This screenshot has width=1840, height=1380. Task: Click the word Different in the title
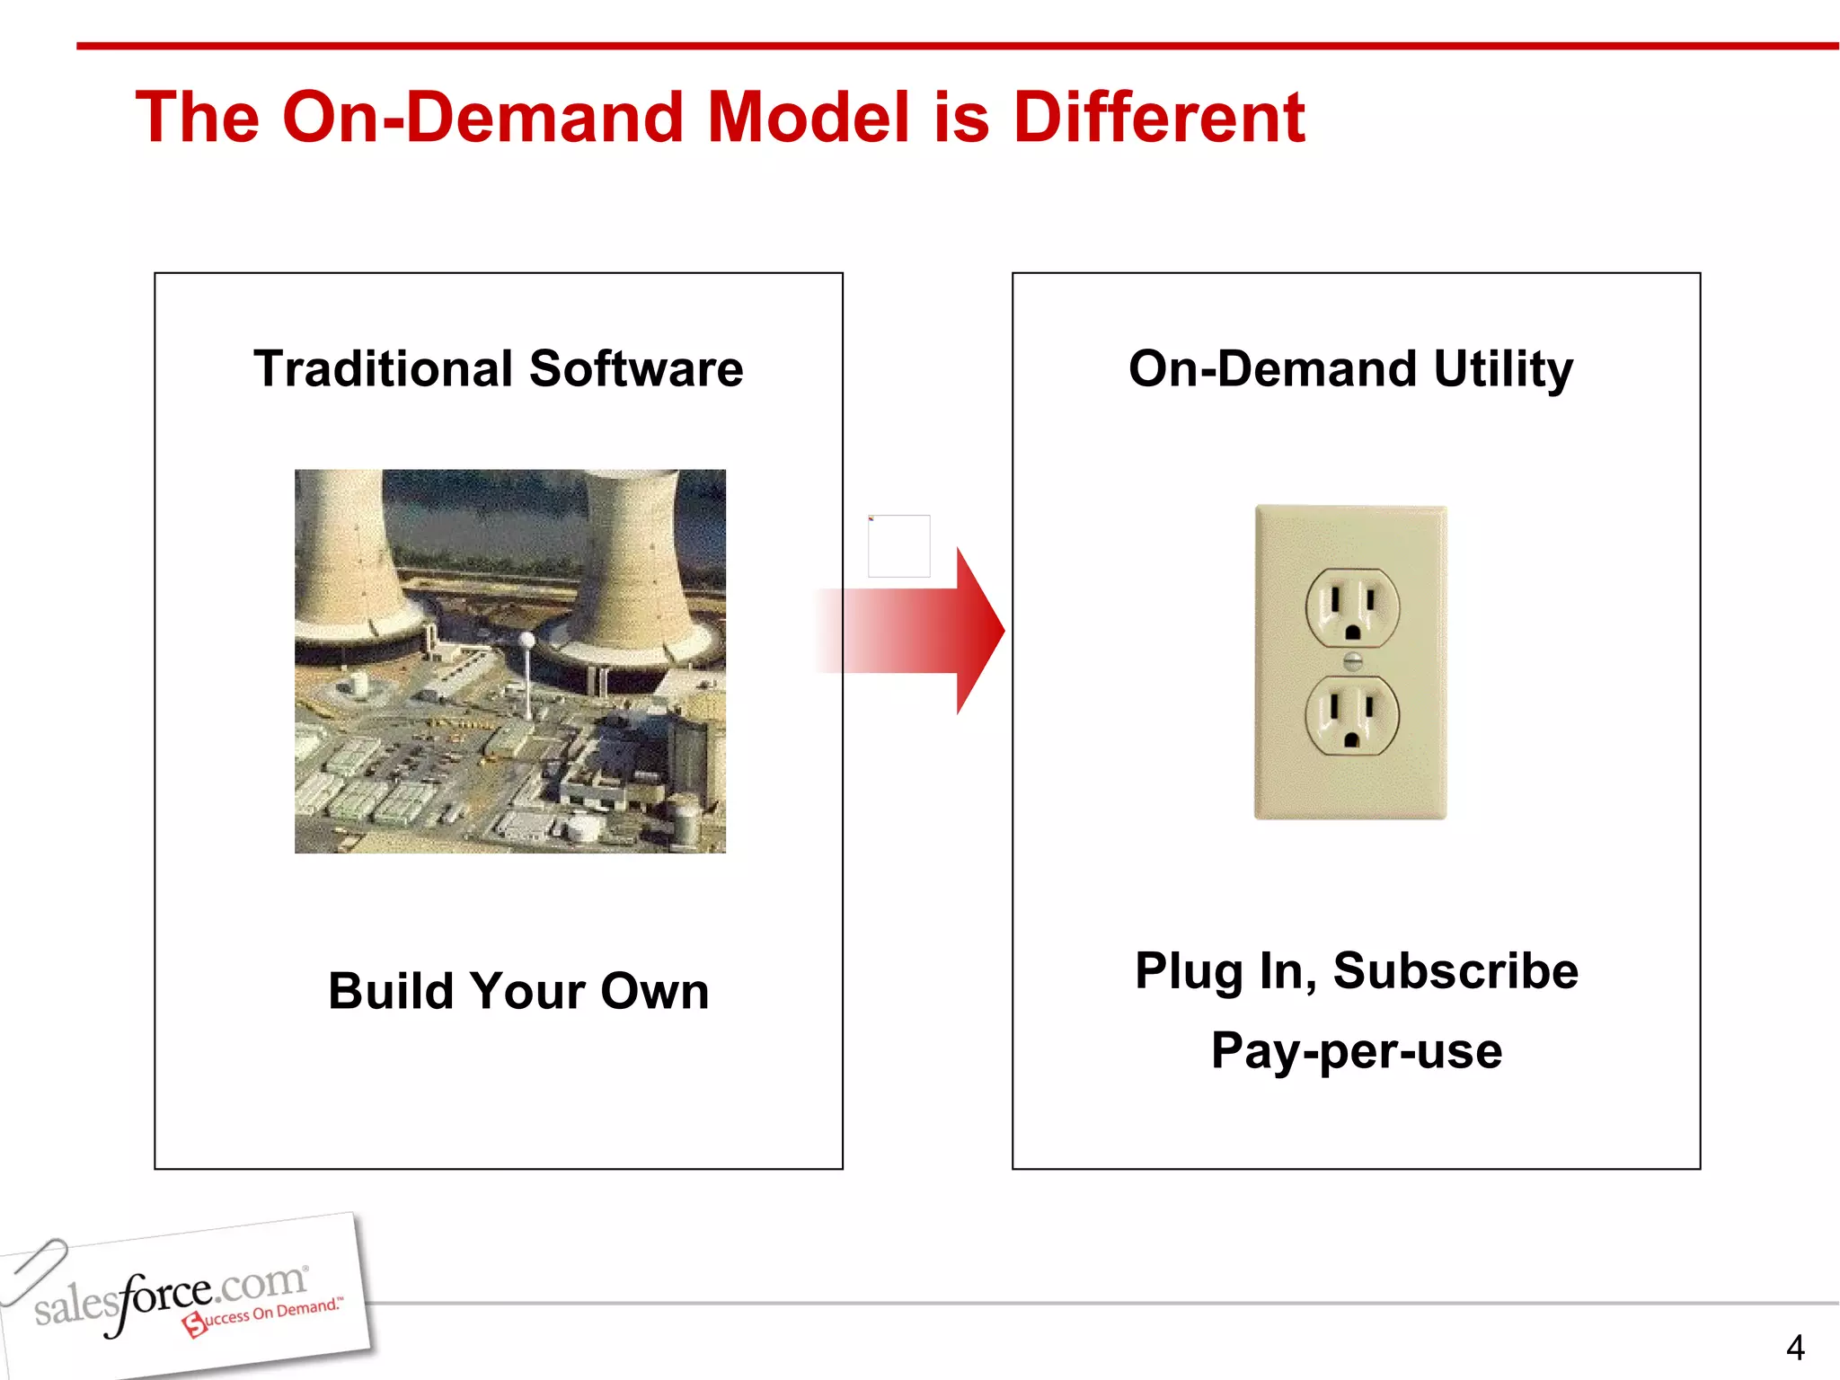pos(1158,118)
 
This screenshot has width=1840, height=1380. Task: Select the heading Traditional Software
pos(499,368)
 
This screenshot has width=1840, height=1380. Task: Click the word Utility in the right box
pos(1503,368)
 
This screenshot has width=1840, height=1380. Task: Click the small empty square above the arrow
pos(898,546)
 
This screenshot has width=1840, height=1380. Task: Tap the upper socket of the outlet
pos(1352,608)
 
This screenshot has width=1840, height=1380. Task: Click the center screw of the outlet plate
pos(1352,662)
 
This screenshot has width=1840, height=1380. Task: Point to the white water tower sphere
pos(527,640)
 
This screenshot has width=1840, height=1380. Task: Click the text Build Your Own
pos(518,991)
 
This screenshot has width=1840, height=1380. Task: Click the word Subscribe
pos(1455,970)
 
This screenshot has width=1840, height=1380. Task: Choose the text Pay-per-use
pos(1356,1050)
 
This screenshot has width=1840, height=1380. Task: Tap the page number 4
pos(1794,1348)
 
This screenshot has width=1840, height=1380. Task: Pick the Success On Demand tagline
pos(265,1315)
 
